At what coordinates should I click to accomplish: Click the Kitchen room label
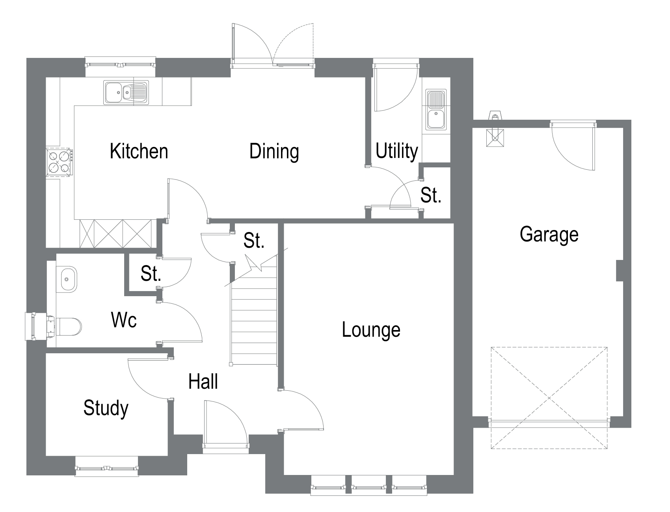139,152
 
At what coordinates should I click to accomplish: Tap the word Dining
274,152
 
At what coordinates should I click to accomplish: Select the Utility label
396,151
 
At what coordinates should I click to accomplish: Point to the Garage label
549,235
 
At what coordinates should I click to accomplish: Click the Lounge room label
371,330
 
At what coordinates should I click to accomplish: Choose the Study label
106,408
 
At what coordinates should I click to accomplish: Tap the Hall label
203,382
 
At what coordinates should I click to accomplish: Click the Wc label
124,320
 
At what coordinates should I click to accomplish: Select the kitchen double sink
127,93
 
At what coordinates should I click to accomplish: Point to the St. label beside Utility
430,195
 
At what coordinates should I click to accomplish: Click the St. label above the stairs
253,241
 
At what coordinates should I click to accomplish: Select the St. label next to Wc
151,273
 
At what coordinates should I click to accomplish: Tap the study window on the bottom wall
107,468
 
